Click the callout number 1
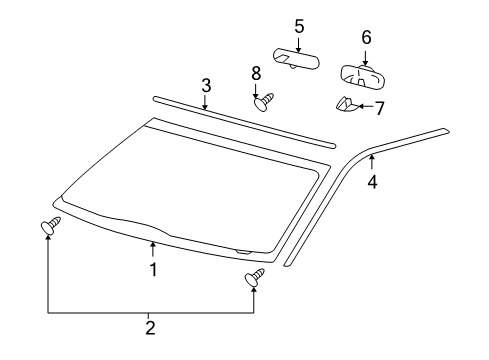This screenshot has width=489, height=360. [x=153, y=269]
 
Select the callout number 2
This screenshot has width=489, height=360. [x=150, y=327]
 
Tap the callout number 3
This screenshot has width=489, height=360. [x=206, y=85]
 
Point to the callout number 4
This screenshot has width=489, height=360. [x=372, y=182]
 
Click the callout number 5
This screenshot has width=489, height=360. [x=299, y=25]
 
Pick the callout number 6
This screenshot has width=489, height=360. [x=366, y=37]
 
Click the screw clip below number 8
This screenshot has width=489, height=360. [x=265, y=101]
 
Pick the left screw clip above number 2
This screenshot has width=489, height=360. [x=49, y=227]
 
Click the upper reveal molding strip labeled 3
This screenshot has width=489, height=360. [x=240, y=120]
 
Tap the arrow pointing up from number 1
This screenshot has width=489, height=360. [x=153, y=248]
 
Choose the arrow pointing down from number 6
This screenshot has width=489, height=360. [x=366, y=55]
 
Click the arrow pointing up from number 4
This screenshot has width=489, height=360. [x=372, y=163]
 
